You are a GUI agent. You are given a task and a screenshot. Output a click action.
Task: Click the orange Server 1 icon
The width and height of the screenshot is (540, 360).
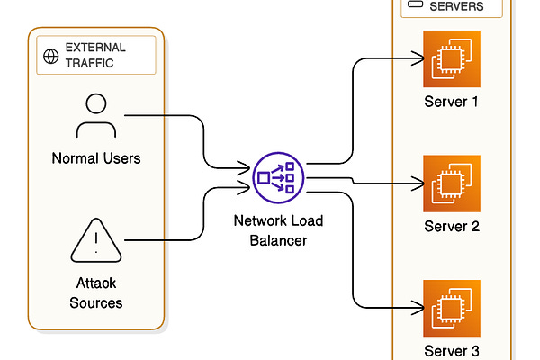click(452, 58)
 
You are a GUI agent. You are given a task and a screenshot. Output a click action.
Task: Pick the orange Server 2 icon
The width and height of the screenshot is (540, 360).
click(452, 183)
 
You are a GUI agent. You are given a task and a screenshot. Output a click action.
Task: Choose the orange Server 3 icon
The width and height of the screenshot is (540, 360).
click(452, 308)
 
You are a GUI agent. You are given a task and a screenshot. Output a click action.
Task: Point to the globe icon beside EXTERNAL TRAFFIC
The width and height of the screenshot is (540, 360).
click(51, 56)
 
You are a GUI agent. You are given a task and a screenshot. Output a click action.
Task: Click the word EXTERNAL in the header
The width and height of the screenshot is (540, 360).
click(95, 47)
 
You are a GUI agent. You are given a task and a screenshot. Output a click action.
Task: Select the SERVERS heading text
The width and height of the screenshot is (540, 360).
click(456, 6)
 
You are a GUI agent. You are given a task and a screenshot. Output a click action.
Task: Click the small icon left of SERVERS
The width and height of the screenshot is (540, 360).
click(416, 5)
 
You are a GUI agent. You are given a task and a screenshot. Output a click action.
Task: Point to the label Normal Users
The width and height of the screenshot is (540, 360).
click(96, 159)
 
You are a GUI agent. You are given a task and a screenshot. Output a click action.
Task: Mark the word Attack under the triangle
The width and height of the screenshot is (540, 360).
click(96, 283)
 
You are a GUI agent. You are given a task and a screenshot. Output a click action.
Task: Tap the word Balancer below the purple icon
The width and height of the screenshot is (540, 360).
click(279, 242)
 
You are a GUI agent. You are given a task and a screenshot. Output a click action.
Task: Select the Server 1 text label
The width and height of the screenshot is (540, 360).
click(452, 101)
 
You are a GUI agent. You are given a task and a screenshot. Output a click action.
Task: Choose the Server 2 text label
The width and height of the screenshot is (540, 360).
click(452, 226)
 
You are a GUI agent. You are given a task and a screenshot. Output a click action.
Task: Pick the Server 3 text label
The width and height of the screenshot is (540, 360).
click(452, 350)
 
